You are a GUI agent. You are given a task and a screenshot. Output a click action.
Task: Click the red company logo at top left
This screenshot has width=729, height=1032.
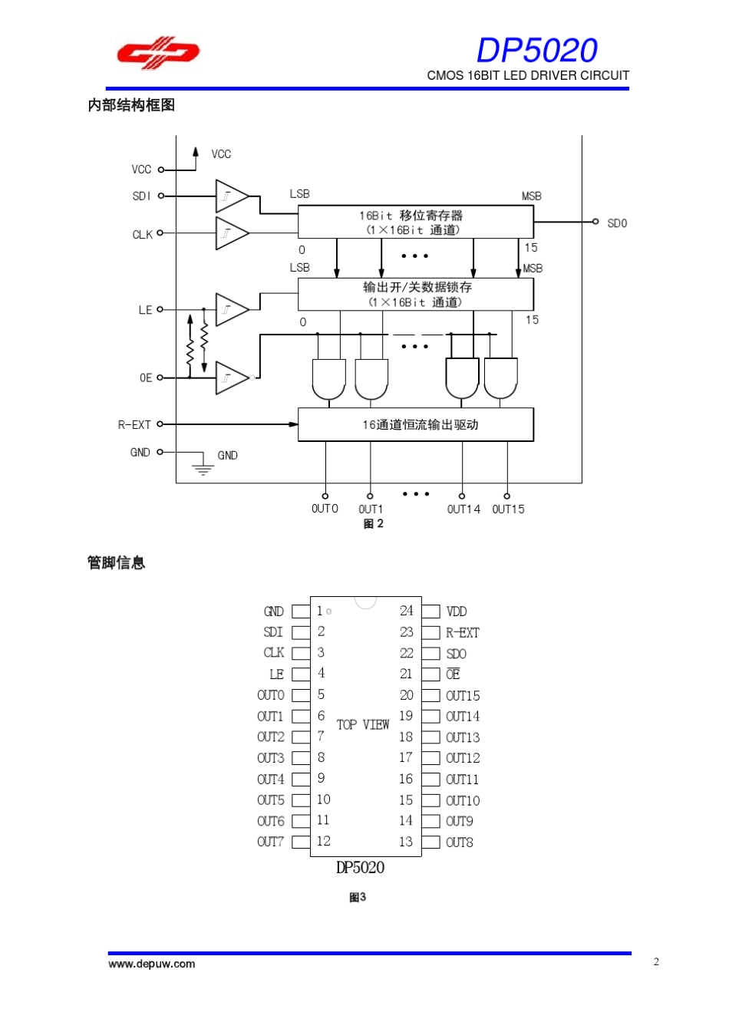[x=158, y=53]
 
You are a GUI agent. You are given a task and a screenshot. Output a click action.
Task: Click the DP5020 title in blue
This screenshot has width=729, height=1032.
[x=536, y=51]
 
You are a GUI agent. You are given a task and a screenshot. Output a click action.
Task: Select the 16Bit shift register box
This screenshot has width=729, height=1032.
[x=415, y=223]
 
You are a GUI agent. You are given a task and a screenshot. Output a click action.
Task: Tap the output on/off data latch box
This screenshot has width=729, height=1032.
[x=415, y=294]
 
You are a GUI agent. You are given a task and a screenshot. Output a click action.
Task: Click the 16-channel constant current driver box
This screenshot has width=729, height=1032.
[x=415, y=424]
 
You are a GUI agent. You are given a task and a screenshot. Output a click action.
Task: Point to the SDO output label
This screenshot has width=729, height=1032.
[x=616, y=223]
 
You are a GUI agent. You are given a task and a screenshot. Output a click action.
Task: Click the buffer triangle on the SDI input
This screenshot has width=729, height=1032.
[x=231, y=196]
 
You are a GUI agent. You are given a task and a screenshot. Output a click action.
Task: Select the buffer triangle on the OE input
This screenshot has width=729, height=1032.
[x=231, y=378]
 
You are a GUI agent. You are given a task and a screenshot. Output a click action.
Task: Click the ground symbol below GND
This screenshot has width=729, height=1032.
[x=203, y=467]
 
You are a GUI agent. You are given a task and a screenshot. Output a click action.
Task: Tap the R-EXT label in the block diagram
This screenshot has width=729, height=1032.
[x=134, y=424]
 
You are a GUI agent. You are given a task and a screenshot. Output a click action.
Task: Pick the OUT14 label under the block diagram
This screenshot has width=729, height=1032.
[x=463, y=509]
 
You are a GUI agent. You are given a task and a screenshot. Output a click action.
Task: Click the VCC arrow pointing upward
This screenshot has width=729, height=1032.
[x=196, y=153]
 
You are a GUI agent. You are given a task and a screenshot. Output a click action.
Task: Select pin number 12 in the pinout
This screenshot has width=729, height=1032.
[x=324, y=841]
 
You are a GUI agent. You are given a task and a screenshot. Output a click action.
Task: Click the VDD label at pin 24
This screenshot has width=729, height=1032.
[x=457, y=612]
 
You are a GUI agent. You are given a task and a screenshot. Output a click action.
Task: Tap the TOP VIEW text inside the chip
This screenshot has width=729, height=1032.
[x=363, y=724]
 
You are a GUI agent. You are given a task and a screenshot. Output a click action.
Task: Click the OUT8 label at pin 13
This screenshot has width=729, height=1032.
[x=460, y=842]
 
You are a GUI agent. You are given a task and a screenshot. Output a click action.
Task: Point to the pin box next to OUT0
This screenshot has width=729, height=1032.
[x=301, y=695]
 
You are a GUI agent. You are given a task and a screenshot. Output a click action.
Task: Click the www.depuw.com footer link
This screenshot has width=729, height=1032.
[x=152, y=964]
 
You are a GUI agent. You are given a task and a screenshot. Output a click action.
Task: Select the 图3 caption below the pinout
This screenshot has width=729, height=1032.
[x=358, y=897]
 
